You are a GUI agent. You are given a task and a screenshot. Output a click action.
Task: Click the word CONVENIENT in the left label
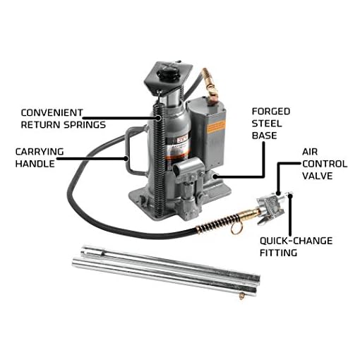pyautogui.click(x=52, y=112)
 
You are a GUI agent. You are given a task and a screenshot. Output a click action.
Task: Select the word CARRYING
pyautogui.click(x=41, y=150)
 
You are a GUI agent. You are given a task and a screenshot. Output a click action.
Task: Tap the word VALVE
pyautogui.click(x=319, y=176)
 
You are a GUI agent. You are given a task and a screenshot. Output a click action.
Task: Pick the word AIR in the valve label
pyautogui.click(x=311, y=151)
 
